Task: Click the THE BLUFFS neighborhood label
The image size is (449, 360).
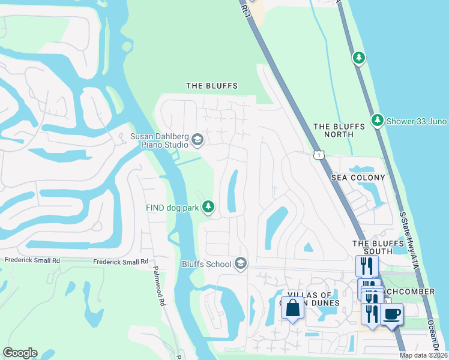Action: (x=212, y=86)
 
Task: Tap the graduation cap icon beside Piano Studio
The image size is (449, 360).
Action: (x=197, y=140)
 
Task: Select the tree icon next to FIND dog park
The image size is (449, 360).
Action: (x=208, y=207)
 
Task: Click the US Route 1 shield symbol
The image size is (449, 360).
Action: (x=318, y=155)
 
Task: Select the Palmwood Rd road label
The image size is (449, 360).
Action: (x=159, y=286)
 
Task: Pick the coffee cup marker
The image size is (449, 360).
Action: (x=391, y=313)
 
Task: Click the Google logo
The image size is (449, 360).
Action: (x=20, y=353)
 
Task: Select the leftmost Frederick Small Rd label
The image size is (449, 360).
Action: (x=32, y=261)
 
